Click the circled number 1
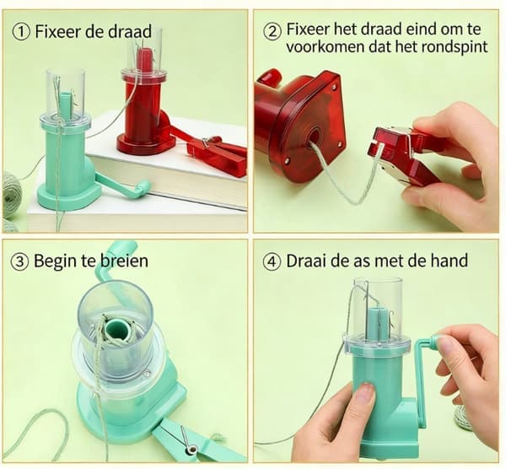click(x=21, y=33)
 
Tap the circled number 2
click(x=272, y=32)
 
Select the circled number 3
click(x=20, y=261)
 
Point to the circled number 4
click(x=272, y=261)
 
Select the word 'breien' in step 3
click(x=124, y=261)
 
